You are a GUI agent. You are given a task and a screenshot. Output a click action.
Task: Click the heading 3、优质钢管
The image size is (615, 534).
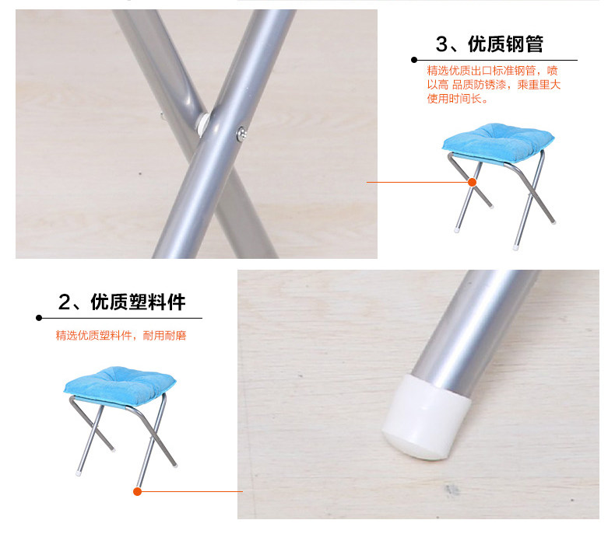489,44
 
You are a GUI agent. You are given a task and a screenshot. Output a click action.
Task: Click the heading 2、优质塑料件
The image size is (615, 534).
121,302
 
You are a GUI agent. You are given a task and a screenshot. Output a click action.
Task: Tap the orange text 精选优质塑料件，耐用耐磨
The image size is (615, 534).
121,336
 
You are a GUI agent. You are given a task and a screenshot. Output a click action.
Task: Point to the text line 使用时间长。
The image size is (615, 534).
458,98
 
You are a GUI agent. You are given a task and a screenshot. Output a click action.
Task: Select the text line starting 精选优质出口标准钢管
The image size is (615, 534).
492,71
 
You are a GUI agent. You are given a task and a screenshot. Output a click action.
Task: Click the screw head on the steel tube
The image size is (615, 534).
242,134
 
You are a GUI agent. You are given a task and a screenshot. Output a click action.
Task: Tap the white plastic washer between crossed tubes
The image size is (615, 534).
203,124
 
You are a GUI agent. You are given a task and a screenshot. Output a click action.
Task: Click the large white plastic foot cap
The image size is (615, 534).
427,417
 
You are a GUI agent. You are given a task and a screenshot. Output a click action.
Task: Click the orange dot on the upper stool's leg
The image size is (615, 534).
473,182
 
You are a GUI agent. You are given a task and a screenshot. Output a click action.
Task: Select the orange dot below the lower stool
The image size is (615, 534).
137,492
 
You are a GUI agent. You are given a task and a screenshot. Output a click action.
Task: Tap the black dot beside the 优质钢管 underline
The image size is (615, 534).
414,60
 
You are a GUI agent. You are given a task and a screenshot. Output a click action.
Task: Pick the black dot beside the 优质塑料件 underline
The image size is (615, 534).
39,318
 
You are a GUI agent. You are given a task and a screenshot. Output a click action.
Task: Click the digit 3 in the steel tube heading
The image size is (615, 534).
441,44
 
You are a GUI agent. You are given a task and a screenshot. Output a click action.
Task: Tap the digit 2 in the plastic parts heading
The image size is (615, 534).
64,302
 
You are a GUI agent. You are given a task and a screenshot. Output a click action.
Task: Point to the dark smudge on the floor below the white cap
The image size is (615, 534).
452,490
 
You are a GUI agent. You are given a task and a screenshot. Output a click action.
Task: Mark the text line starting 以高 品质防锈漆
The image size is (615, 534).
494,85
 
